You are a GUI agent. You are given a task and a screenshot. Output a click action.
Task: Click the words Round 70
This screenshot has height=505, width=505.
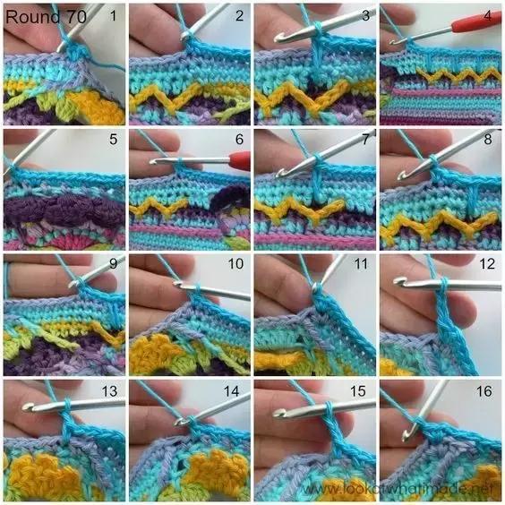click(x=46, y=17)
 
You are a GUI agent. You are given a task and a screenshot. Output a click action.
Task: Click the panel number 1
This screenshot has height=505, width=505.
click(x=113, y=15)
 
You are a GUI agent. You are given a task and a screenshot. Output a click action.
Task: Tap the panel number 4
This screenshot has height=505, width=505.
click(x=488, y=15)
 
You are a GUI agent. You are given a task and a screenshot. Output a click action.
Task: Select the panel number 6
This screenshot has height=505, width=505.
click(x=239, y=139)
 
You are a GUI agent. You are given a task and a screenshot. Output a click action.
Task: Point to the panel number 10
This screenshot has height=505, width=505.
click(x=235, y=264)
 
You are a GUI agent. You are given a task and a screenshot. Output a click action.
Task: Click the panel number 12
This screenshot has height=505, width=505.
click(x=487, y=264)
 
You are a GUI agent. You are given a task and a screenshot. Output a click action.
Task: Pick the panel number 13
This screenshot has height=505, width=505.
click(x=109, y=391)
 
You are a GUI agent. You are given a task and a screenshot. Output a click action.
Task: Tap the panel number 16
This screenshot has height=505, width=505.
click(x=484, y=391)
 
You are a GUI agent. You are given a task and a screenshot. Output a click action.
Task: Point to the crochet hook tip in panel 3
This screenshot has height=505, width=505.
click(x=279, y=38)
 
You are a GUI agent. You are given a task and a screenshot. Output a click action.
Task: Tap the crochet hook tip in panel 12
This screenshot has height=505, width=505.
click(x=399, y=281)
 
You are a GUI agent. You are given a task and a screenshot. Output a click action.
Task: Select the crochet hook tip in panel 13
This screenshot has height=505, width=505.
click(x=28, y=407)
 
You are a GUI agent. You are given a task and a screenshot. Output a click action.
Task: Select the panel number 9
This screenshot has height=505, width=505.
click(x=113, y=264)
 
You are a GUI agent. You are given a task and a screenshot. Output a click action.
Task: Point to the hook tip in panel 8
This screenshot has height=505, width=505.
click(x=403, y=175)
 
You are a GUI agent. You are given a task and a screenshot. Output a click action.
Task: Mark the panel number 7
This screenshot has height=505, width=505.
click(x=365, y=139)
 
